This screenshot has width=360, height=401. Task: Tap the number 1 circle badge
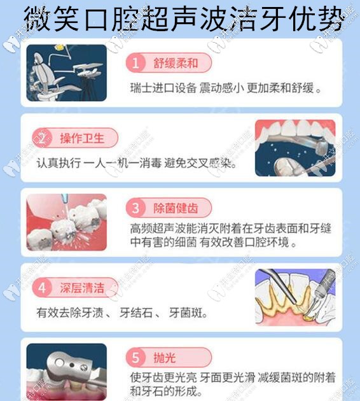tap(135, 63)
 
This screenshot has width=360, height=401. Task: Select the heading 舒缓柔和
tap(174, 63)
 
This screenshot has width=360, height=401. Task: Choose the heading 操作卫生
tap(80, 137)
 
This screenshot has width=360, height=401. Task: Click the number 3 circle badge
tap(135, 208)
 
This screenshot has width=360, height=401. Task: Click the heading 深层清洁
tap(80, 288)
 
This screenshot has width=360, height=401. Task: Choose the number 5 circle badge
tap(135, 357)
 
